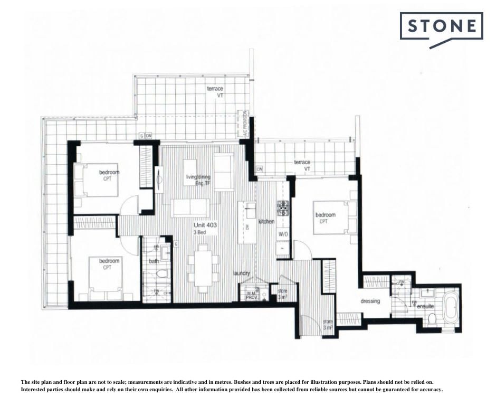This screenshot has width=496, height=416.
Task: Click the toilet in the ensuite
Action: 432,318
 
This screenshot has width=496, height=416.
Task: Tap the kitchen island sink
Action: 251,207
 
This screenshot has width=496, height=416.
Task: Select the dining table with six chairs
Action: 204,267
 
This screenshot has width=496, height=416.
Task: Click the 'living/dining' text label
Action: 198,177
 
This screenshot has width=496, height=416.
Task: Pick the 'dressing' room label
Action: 370,301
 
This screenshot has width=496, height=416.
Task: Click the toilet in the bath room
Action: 162,273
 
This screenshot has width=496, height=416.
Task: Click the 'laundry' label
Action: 242,273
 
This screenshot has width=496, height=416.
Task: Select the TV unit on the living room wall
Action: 159,176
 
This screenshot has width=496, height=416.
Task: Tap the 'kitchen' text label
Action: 266,222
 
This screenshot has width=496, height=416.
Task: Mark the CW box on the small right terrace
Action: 260,169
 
